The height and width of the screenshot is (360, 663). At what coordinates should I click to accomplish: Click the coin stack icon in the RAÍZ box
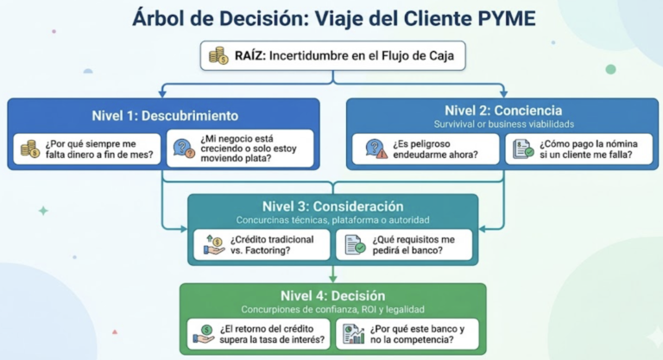coord(218,55)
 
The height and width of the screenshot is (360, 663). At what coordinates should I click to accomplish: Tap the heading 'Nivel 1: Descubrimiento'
coord(165,116)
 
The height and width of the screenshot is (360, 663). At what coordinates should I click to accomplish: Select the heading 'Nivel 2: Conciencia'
coord(503,110)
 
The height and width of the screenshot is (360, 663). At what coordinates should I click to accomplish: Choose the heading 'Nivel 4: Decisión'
coord(332,295)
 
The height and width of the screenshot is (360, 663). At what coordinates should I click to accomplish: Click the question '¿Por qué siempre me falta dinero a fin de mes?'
coord(87,148)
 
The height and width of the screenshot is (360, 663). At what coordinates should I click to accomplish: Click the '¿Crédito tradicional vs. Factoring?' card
coord(261,244)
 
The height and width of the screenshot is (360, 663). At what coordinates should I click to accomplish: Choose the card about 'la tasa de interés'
coord(261,334)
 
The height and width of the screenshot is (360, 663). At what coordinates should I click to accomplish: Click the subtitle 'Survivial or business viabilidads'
coord(503,123)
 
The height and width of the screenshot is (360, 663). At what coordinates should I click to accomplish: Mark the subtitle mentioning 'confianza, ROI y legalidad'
coord(332,309)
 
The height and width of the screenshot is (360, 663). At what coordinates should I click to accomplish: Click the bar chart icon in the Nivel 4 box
coord(353,334)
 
